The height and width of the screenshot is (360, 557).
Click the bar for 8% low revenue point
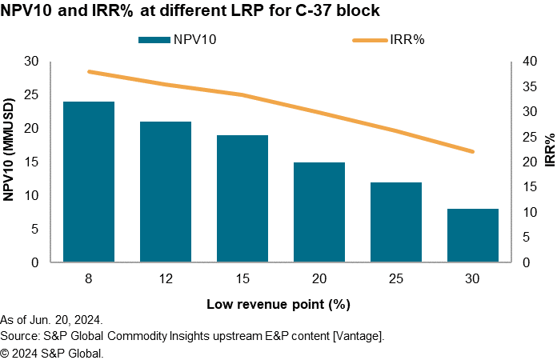pyautogui.click(x=89, y=182)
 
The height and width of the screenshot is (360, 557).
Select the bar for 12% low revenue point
pyautogui.click(x=166, y=192)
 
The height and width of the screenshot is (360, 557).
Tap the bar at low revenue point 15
pyautogui.click(x=242, y=198)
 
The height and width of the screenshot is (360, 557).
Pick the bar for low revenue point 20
pyautogui.click(x=319, y=212)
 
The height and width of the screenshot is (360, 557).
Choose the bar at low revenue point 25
pyautogui.click(x=396, y=222)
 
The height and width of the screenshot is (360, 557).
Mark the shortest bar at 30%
pyautogui.click(x=473, y=235)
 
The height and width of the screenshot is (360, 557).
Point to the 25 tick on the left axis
pyautogui.click(x=31, y=95)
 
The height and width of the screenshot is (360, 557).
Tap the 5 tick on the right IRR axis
pyautogui.click(x=523, y=238)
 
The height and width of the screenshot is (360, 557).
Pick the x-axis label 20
pyautogui.click(x=319, y=278)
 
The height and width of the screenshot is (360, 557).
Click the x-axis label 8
pyautogui.click(x=89, y=278)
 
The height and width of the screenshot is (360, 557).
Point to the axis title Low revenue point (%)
pyautogui.click(x=278, y=304)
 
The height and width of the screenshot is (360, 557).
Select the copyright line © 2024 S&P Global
pyautogui.click(x=52, y=352)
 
